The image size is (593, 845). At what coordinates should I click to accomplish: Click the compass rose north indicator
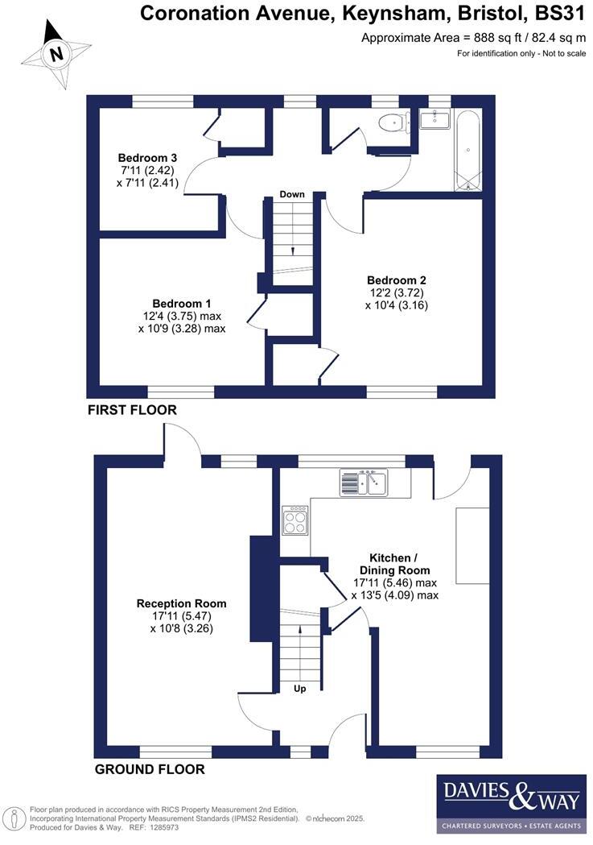(x=56, y=53)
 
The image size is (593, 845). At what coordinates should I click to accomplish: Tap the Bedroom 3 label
(x=147, y=157)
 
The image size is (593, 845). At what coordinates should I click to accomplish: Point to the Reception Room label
(x=181, y=603)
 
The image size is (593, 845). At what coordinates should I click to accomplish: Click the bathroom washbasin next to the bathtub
(x=435, y=121)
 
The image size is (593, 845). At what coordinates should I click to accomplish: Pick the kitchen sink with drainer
(x=364, y=483)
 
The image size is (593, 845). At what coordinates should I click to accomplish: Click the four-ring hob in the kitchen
(x=294, y=520)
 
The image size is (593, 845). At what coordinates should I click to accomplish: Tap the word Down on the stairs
(x=291, y=194)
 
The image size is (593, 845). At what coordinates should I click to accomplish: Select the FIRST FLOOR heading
(x=132, y=410)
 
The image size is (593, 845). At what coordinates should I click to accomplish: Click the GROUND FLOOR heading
(x=150, y=769)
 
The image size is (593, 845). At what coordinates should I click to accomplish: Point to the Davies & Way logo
(x=511, y=803)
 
